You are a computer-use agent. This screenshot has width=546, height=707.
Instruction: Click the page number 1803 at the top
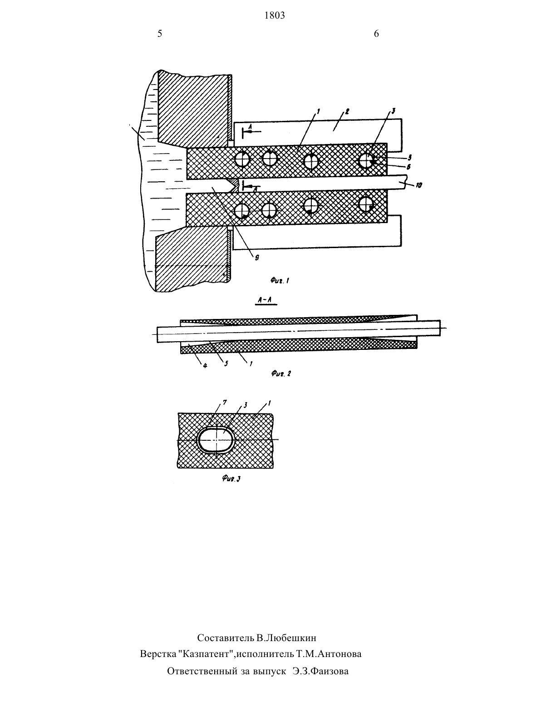tap(275, 15)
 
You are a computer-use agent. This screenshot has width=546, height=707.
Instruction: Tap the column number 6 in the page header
tap(376, 34)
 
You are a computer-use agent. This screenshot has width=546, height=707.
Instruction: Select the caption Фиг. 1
tap(280, 280)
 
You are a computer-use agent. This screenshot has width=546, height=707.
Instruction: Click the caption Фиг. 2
tap(281, 373)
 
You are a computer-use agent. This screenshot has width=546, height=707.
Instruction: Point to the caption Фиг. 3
tap(231, 478)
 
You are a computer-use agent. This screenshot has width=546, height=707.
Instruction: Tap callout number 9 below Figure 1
tap(257, 258)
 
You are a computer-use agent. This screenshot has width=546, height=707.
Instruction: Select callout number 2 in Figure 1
tap(347, 112)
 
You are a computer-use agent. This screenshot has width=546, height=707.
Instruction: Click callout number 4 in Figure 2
tap(205, 365)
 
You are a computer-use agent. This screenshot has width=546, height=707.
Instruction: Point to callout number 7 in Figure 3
tap(224, 403)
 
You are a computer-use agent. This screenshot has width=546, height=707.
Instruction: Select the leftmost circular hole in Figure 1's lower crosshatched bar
tap(241, 211)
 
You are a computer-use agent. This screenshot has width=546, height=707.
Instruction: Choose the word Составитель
tap(226, 638)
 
